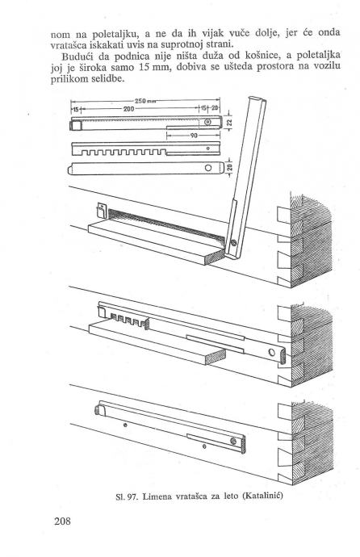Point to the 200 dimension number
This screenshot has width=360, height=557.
pyautogui.click(x=128, y=109)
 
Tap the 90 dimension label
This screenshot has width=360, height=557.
pyautogui.click(x=194, y=136)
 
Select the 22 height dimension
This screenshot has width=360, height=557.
pyautogui.click(x=229, y=123)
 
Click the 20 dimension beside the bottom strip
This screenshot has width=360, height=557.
pyautogui.click(x=229, y=168)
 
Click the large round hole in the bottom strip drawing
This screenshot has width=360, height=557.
pyautogui.click(x=208, y=168)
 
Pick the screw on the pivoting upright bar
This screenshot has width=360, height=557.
pyautogui.click(x=233, y=243)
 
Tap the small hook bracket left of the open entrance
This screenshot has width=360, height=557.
pyautogui.click(x=101, y=211)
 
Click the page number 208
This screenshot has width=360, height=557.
pyautogui.click(x=62, y=521)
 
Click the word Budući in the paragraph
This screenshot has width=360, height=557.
pyautogui.click(x=77, y=57)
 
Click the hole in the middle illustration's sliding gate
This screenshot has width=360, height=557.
pyautogui.click(x=271, y=353)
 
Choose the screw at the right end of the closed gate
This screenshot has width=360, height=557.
pyautogui.click(x=233, y=441)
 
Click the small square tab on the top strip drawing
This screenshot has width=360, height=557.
pyautogui.click(x=76, y=125)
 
